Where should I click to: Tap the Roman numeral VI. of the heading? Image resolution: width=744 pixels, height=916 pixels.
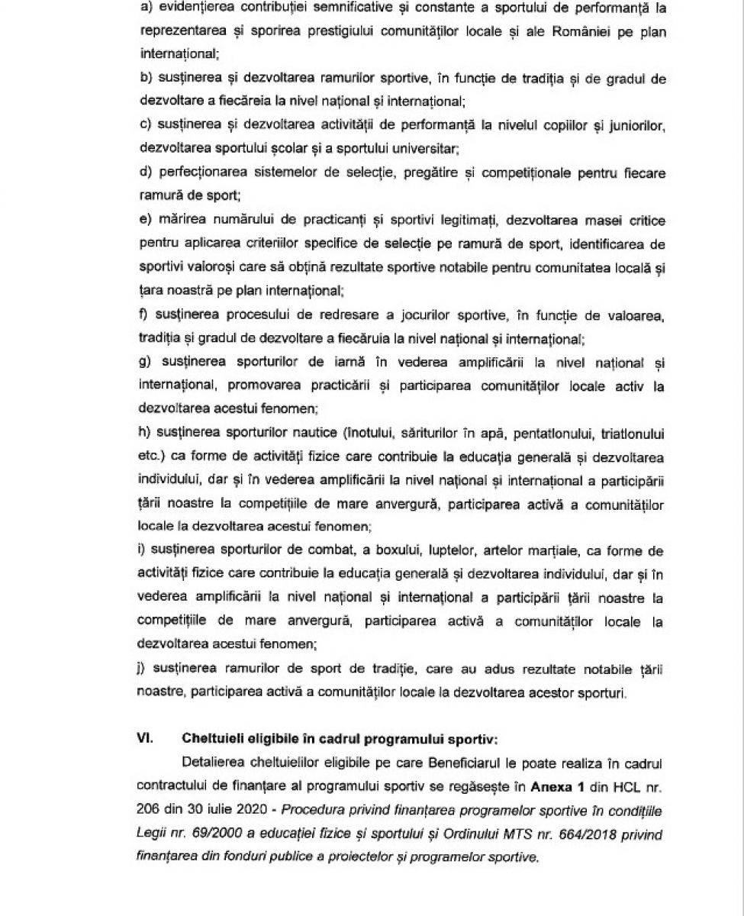pos(145,739)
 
